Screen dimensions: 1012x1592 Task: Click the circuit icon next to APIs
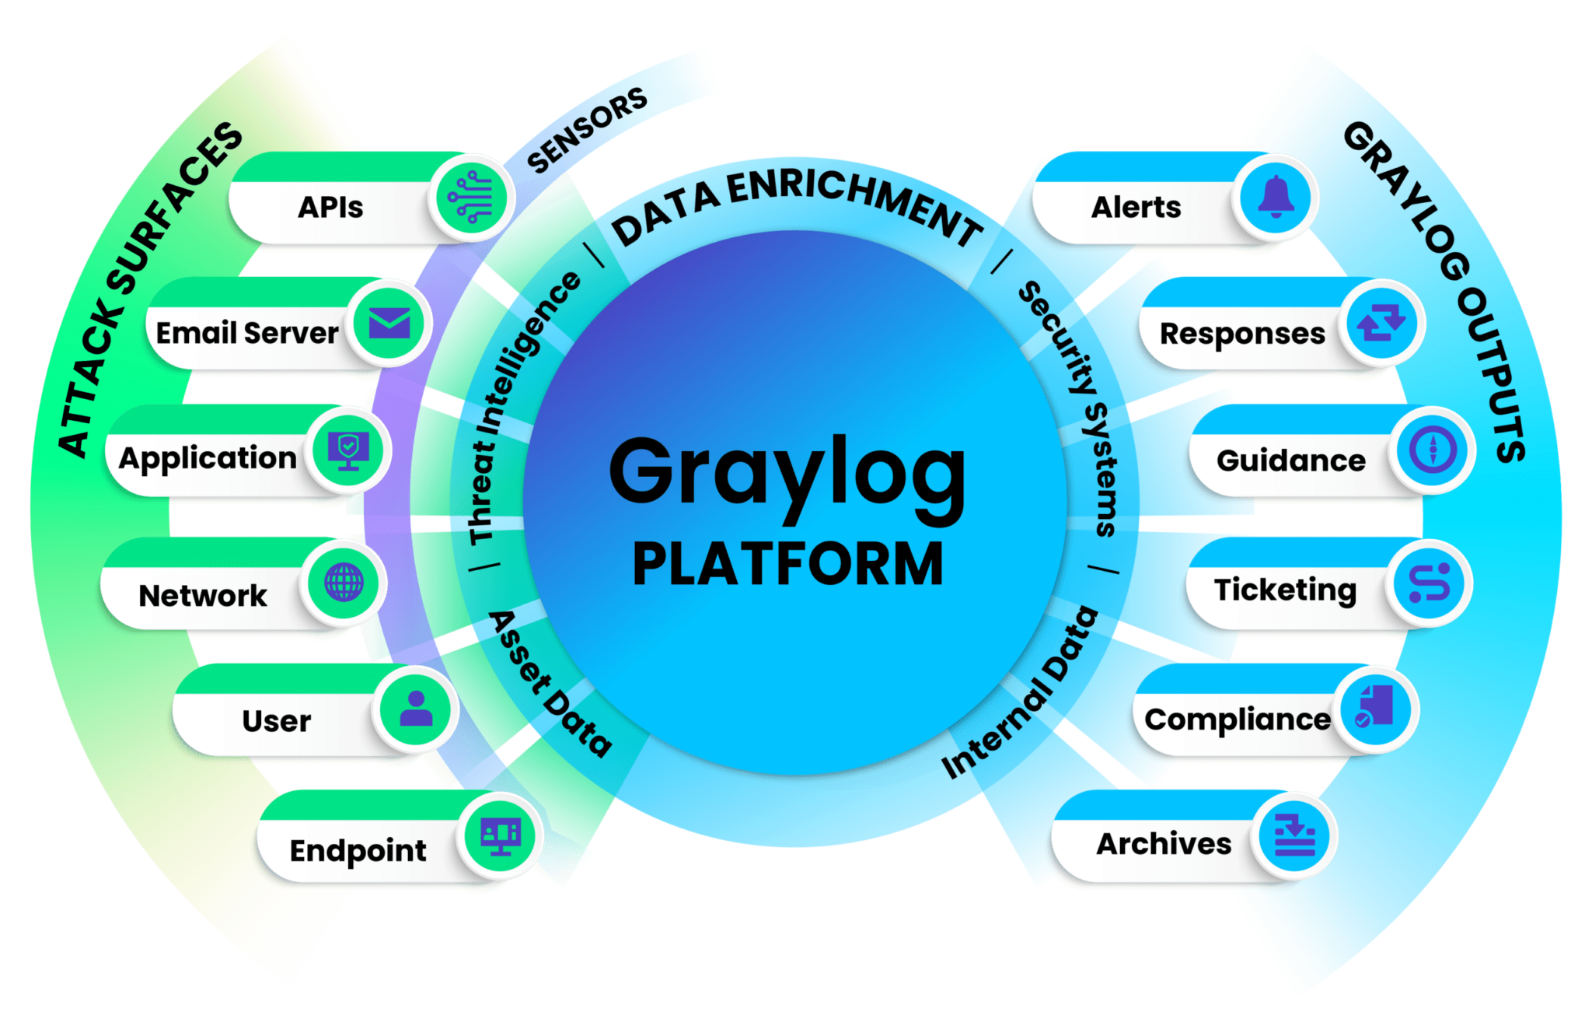(470, 198)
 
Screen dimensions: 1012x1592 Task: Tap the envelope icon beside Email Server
(389, 323)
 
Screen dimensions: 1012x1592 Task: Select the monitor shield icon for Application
(347, 450)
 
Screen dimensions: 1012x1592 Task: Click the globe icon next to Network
(344, 582)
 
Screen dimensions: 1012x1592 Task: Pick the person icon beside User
(416, 708)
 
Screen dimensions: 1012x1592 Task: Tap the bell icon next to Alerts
(1275, 197)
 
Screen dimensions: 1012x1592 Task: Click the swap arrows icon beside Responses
(1381, 323)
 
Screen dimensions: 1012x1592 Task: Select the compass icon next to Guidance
(1432, 450)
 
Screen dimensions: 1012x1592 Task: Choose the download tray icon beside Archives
(1294, 837)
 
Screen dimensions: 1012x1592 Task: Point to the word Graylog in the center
(787, 472)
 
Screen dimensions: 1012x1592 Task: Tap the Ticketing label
(1285, 589)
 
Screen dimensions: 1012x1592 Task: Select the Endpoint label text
(358, 849)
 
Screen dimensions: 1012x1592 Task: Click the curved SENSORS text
(587, 129)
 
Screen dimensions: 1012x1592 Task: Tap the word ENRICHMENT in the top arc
(855, 199)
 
